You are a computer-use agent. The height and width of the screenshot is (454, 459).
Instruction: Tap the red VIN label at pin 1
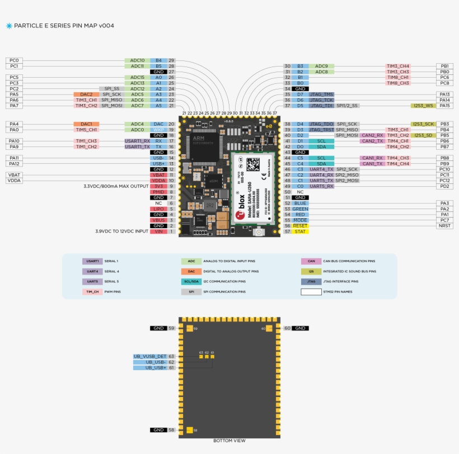pos(158,231)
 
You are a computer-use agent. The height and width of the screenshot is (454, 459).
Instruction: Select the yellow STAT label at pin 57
pos(300,231)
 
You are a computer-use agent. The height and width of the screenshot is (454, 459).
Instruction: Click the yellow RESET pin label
pos(300,226)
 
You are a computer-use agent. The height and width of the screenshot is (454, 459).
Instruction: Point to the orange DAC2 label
pos(86,94)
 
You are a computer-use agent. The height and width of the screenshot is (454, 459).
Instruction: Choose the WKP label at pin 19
pos(158,130)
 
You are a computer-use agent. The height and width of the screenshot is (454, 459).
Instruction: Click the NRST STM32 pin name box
pos(444,226)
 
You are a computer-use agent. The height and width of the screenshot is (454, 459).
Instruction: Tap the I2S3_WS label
pos(423,106)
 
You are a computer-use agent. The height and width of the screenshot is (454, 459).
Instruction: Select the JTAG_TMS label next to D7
pos(321,94)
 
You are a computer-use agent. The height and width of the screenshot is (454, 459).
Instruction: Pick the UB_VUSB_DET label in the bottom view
pos(149,356)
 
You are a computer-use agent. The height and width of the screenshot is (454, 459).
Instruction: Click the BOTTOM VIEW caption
pos(229,441)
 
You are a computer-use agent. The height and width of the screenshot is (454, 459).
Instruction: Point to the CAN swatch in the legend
pos(311,261)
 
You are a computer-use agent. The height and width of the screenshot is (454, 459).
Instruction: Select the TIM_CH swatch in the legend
pos(92,292)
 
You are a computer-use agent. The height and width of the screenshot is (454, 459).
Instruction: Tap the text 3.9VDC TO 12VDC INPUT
pos(121,231)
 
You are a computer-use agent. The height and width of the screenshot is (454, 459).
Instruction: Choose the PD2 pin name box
pos(444,186)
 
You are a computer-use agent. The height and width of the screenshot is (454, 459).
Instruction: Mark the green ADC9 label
pos(321,66)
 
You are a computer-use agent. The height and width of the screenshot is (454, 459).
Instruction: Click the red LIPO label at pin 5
pos(158,209)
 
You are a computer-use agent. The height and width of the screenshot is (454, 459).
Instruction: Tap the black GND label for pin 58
pos(158,430)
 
